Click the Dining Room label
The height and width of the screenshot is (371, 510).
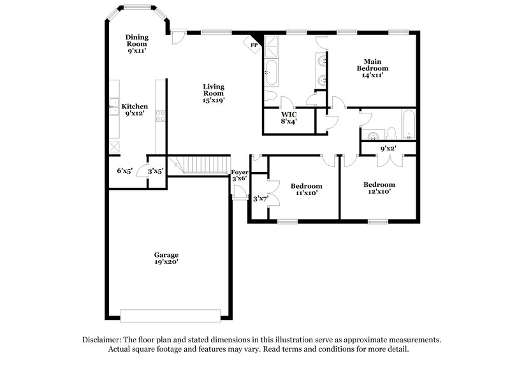136,43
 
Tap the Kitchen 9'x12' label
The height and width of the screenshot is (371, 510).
135,110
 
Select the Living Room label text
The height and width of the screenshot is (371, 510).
214,93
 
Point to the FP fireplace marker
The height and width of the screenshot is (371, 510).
253,45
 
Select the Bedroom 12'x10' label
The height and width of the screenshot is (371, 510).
377,188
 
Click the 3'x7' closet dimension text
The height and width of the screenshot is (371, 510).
261,199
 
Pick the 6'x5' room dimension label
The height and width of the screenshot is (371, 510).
124,171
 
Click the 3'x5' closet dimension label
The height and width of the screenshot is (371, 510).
156,171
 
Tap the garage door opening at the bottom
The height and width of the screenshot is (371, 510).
171,314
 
